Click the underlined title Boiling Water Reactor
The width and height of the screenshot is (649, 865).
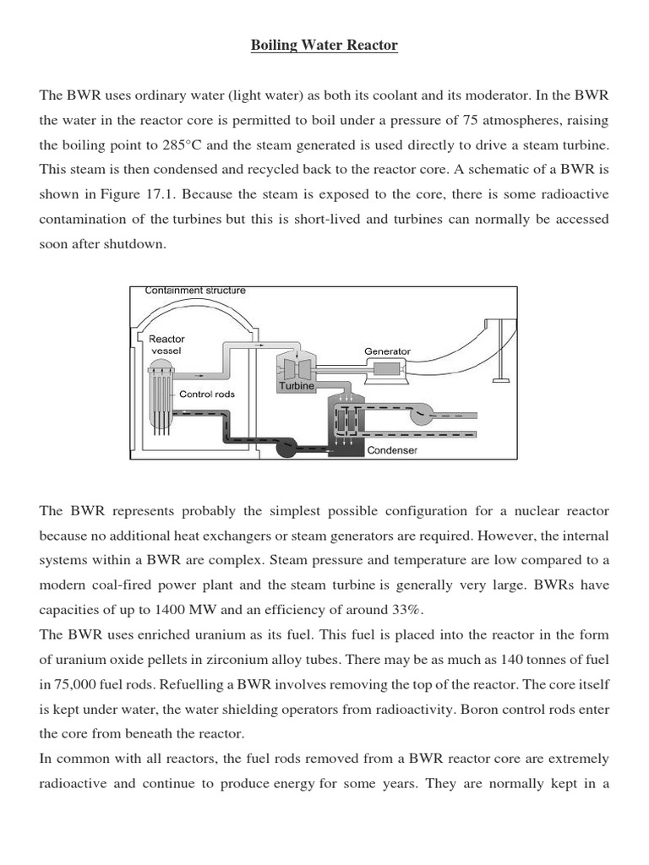[324, 46]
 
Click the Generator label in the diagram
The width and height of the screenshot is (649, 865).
[387, 351]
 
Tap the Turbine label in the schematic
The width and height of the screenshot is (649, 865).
[296, 386]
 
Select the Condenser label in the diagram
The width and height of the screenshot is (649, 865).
[392, 450]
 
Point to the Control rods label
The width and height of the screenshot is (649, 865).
[207, 394]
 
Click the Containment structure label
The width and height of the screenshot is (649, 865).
[195, 291]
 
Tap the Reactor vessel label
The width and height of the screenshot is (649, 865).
[166, 345]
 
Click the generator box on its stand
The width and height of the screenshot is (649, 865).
[384, 368]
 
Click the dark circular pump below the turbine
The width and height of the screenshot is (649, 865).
[286, 449]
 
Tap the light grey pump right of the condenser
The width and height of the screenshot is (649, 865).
[422, 415]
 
